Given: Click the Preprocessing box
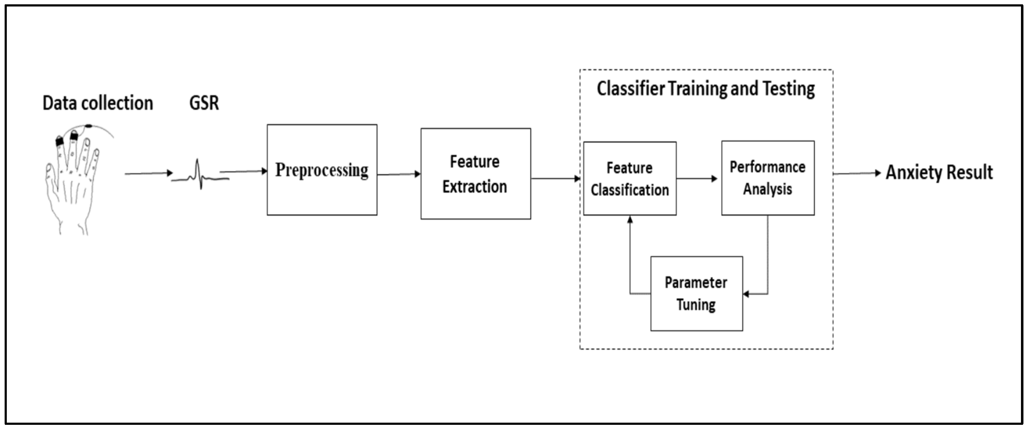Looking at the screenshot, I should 322,170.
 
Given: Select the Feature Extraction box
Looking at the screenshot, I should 475,174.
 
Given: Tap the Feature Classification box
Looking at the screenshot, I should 630,179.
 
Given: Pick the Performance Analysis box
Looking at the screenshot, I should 767,178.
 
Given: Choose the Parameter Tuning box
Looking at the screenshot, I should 696,294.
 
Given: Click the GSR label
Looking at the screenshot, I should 204,103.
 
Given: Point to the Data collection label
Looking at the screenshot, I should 98,103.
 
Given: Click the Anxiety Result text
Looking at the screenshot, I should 939,173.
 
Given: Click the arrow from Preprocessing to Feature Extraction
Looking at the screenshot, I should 399,174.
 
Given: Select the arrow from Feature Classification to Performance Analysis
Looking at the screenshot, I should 697,179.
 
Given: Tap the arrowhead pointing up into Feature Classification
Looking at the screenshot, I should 630,219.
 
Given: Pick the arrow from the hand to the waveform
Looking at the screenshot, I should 148,174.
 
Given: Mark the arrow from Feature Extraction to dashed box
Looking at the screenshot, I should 555,179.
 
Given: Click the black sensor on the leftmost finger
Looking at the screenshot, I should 60,141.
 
